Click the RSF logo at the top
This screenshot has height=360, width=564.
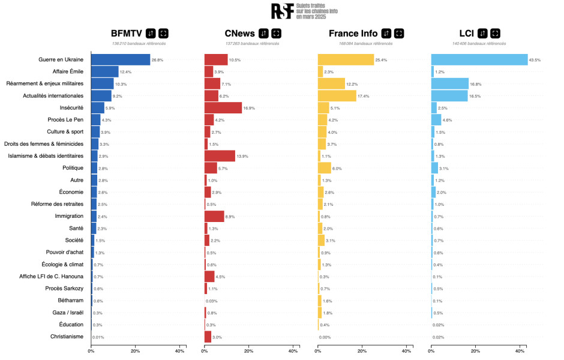click(282, 11)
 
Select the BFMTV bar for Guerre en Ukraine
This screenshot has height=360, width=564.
click(121, 60)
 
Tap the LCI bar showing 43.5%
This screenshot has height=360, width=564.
click(479, 60)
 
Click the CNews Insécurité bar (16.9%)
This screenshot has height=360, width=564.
click(223, 108)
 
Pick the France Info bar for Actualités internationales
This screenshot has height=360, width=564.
click(337, 96)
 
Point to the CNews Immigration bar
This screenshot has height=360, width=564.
click(214, 216)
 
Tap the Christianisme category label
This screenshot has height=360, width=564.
click(67, 337)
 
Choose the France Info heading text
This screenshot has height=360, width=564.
click(353, 33)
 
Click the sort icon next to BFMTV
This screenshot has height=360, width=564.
click(151, 33)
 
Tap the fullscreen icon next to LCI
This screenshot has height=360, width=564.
click(496, 33)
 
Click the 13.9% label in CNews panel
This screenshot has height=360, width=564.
click(243, 156)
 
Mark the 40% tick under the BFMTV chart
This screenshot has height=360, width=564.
click(179, 351)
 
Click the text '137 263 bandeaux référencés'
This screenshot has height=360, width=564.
click(252, 43)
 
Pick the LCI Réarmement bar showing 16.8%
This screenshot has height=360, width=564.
click(449, 84)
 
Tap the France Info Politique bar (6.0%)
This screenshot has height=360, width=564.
click(324, 168)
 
